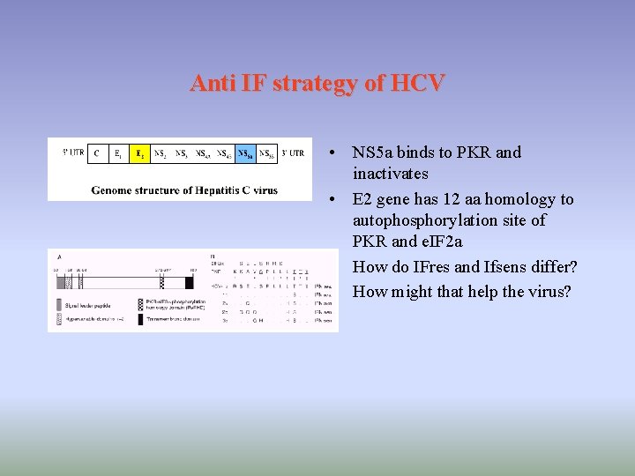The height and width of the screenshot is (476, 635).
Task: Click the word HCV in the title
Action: point(418,84)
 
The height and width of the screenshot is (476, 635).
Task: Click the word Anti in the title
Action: point(213,84)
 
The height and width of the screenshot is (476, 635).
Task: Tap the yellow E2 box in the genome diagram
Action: point(139,153)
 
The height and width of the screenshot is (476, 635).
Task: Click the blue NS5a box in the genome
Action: point(246,153)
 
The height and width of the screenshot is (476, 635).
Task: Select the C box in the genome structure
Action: point(97,153)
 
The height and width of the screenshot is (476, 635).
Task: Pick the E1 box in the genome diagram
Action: point(118,153)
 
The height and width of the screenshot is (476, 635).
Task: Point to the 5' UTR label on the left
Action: point(72,153)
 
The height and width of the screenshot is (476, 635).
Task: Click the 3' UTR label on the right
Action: point(293,153)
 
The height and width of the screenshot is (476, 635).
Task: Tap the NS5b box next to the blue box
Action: point(267,153)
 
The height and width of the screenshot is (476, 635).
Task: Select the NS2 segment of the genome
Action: point(161,153)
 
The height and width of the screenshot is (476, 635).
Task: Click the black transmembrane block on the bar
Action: point(190,283)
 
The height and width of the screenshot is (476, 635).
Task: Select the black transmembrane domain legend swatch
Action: point(141,318)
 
